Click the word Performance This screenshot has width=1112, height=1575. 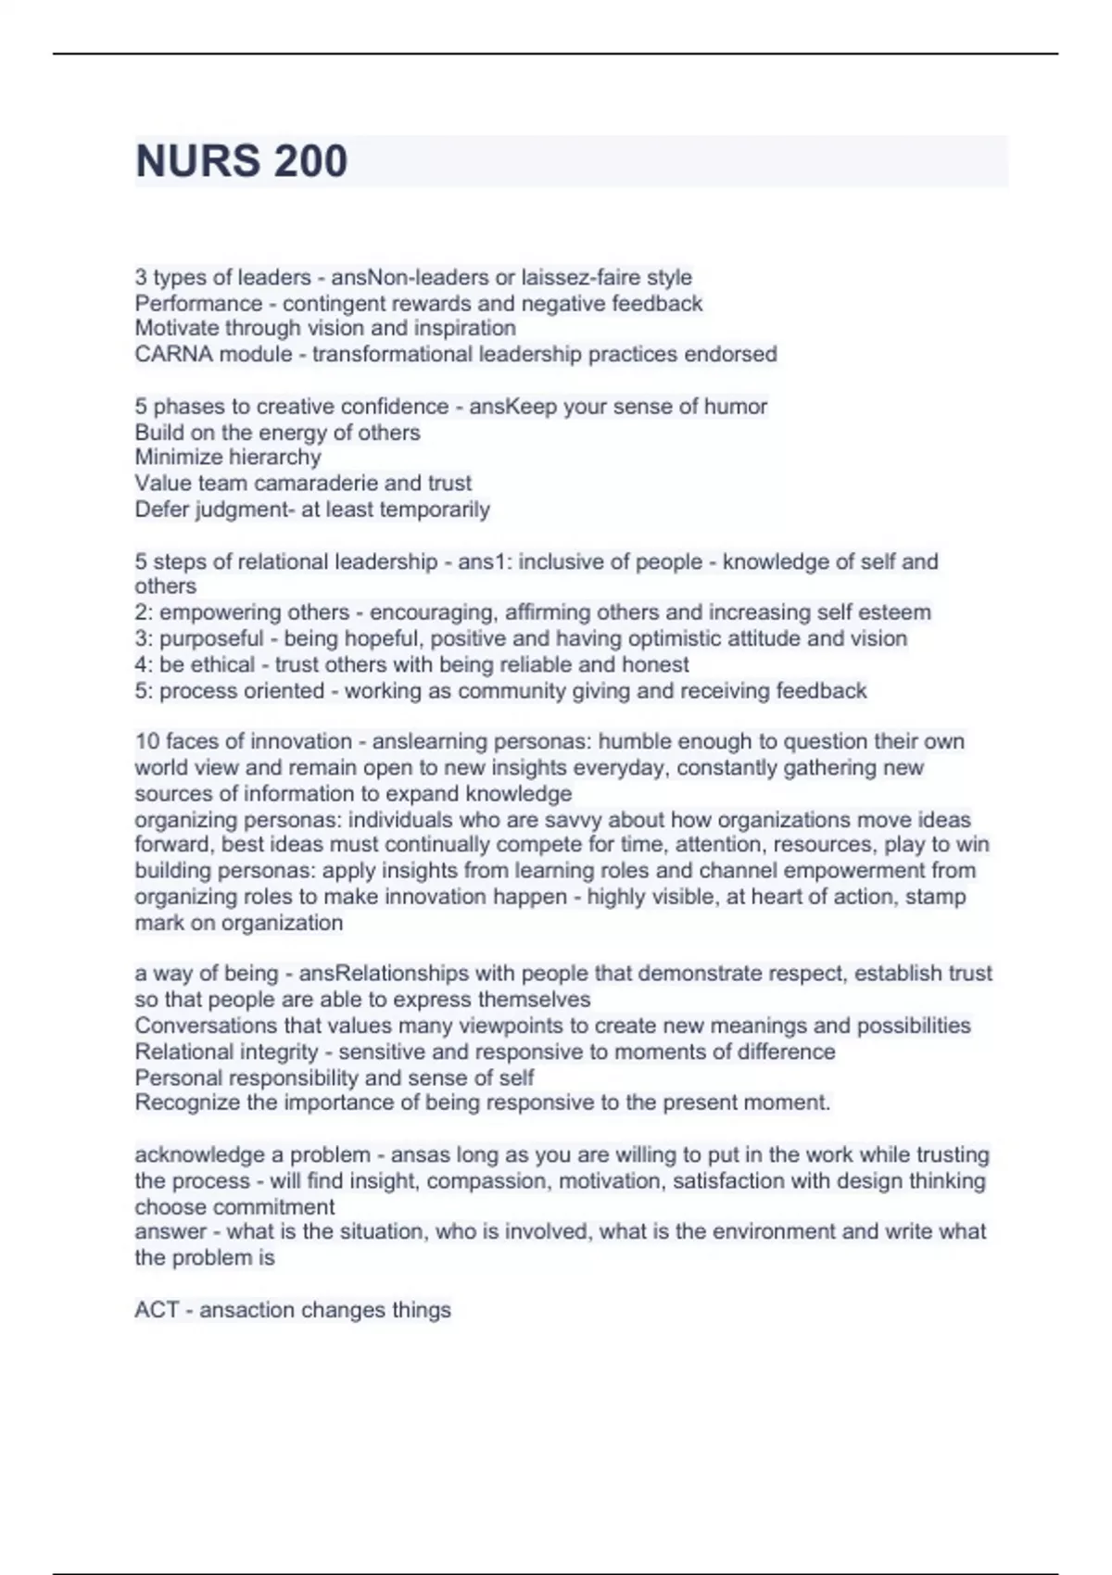point(198,303)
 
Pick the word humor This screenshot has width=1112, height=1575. point(735,406)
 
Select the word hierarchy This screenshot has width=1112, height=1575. point(275,457)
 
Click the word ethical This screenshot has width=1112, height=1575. point(222,664)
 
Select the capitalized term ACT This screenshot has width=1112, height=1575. point(156,1310)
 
